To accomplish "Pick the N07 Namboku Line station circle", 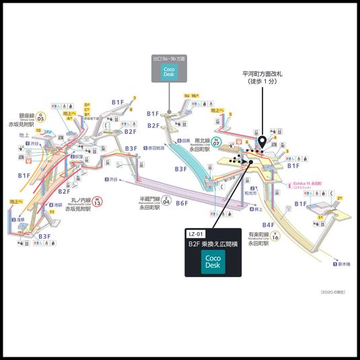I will [x=217, y=143].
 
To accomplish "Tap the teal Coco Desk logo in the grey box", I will [x=169, y=71].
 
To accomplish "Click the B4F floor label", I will [x=268, y=225].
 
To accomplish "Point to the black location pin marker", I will [x=260, y=143].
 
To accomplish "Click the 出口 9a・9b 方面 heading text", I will [x=169, y=59].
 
